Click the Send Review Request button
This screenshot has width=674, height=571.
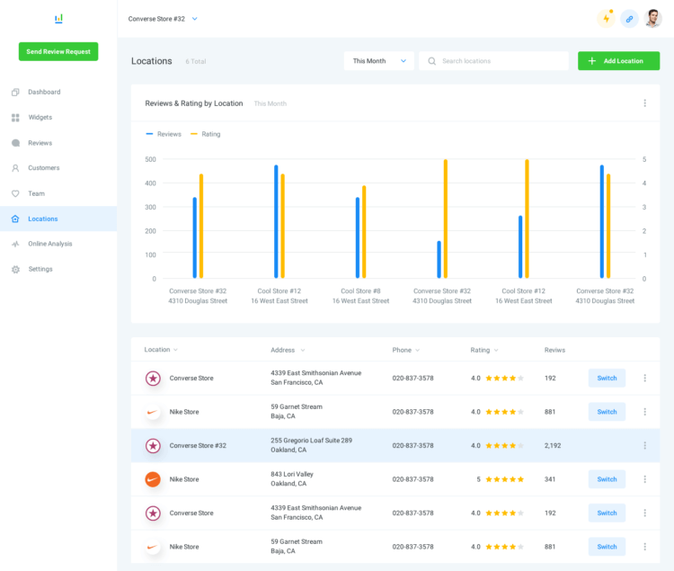tap(58, 51)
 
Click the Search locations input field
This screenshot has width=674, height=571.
tap(493, 61)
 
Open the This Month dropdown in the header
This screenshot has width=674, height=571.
tap(378, 61)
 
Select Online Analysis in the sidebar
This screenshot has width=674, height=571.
tap(49, 244)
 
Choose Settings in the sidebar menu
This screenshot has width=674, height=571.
tap(40, 269)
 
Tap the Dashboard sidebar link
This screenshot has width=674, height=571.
tap(44, 92)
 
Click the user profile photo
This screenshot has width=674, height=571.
tap(653, 19)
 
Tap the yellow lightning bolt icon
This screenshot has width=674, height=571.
tap(606, 19)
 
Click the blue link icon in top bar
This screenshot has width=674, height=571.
tap(629, 19)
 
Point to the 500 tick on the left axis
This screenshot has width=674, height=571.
tap(150, 159)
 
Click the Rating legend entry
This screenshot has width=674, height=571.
tap(206, 134)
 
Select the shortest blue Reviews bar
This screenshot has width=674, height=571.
tap(439, 260)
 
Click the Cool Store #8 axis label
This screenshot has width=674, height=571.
tap(360, 291)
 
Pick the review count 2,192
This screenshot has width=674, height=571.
tap(553, 445)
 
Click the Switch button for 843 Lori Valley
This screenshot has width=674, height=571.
tap(607, 479)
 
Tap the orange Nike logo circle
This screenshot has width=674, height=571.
tap(153, 479)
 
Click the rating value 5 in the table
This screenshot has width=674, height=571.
tap(478, 479)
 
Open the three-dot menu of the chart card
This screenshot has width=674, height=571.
tap(644, 103)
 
